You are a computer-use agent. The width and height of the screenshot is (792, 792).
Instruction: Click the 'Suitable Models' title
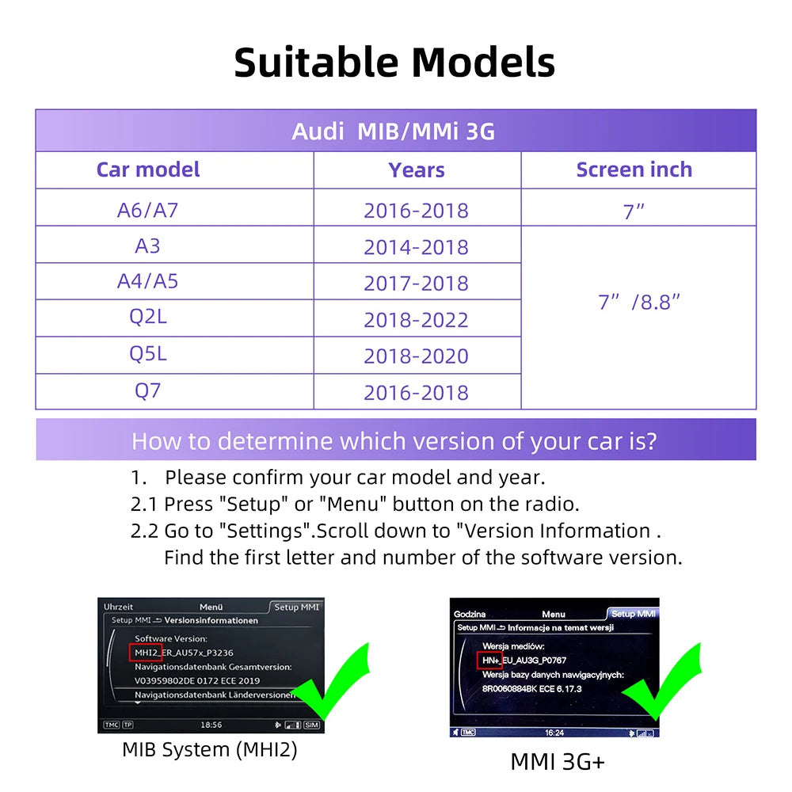(x=394, y=63)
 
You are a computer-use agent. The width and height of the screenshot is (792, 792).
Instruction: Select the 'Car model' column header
(x=148, y=169)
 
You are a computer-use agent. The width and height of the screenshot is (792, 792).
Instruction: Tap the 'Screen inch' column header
(x=634, y=169)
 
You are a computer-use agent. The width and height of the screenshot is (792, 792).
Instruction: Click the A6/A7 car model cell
(x=148, y=210)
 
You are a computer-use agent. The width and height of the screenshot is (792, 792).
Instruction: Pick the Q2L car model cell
(x=148, y=317)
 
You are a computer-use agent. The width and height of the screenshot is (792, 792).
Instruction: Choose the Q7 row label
(x=148, y=390)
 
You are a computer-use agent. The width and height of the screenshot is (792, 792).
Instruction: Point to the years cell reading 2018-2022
(x=416, y=320)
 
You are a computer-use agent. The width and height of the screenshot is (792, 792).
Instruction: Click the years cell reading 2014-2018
(x=416, y=247)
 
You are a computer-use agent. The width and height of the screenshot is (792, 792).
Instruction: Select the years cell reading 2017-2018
(x=416, y=284)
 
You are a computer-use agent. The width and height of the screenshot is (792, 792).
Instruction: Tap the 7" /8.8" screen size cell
(x=639, y=302)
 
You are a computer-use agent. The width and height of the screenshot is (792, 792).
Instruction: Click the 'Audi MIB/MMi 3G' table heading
(x=394, y=131)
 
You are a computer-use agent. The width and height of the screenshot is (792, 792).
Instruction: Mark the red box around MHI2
(x=147, y=653)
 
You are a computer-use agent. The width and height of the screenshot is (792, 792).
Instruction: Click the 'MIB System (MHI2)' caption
(x=210, y=749)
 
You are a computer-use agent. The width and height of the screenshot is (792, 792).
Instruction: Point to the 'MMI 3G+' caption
(x=558, y=762)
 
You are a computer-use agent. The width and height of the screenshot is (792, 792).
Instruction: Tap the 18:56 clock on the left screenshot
(x=211, y=725)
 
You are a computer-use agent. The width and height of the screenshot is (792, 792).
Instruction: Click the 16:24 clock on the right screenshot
(x=554, y=733)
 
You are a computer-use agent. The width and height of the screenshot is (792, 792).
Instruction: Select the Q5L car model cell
(x=148, y=353)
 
